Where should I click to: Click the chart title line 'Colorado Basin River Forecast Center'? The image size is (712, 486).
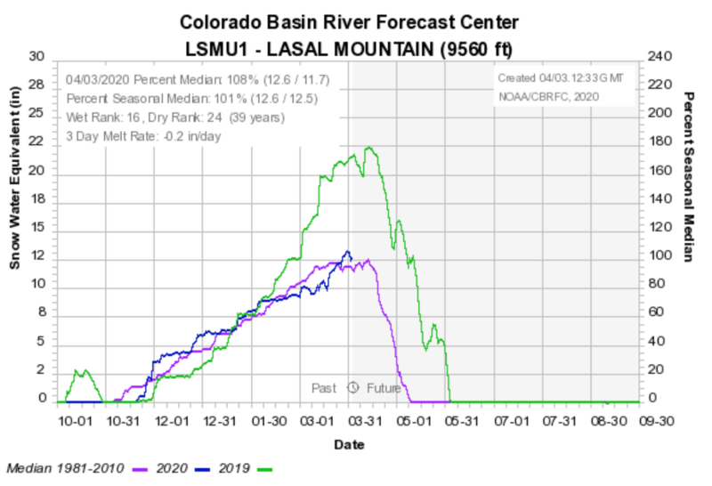pyautogui.click(x=349, y=20)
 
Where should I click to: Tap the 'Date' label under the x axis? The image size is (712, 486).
pyautogui.click(x=349, y=443)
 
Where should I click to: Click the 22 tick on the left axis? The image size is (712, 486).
pyautogui.click(x=37, y=142)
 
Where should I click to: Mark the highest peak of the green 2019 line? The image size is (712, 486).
pyautogui.click(x=368, y=148)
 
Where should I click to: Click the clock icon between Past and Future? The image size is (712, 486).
pyautogui.click(x=352, y=387)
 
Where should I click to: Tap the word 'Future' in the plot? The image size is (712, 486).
pyautogui.click(x=384, y=388)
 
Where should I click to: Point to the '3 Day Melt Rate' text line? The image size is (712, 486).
pyautogui.click(x=143, y=136)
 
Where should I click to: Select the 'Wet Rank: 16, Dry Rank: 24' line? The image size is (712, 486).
pyautogui.click(x=174, y=117)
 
